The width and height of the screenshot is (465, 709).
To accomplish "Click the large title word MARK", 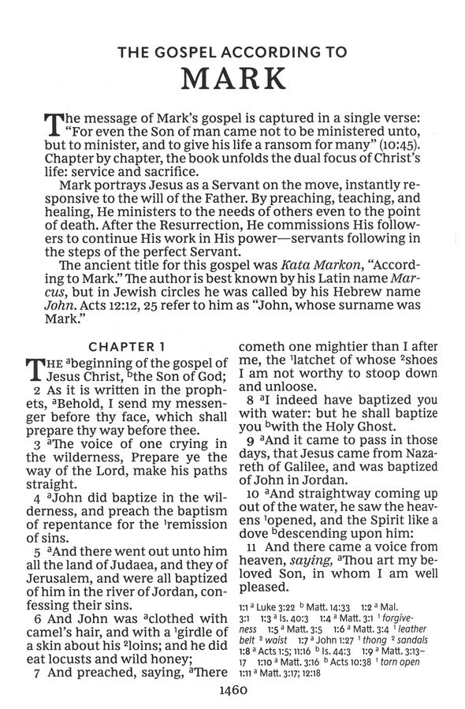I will click(x=232, y=80).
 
